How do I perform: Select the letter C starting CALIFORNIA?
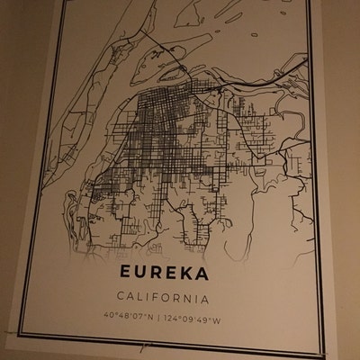pos(120,297)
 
